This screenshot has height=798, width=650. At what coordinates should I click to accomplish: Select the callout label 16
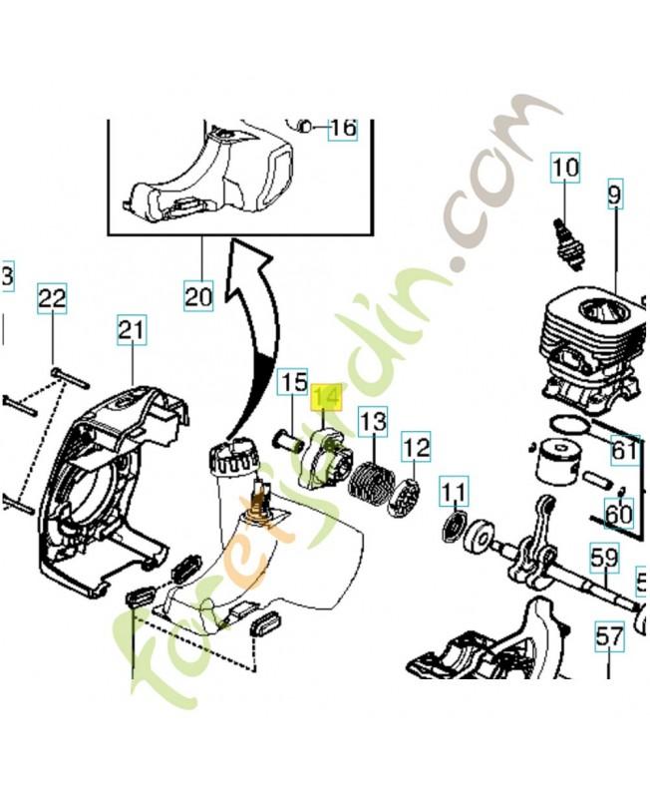(342, 128)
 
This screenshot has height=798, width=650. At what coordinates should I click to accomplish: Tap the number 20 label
(198, 296)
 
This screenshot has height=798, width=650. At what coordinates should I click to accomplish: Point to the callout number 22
(53, 297)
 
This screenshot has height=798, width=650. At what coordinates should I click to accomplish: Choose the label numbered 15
(292, 382)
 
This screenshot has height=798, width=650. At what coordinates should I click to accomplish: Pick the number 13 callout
(372, 422)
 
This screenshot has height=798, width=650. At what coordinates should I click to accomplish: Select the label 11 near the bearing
(454, 492)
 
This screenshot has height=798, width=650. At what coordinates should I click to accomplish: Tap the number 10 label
(565, 169)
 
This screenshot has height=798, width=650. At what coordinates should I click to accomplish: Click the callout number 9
(613, 197)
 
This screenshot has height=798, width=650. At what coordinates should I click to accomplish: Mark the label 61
(624, 451)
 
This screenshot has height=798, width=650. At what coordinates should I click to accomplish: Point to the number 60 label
(619, 515)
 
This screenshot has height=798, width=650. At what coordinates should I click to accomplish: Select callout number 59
(605, 558)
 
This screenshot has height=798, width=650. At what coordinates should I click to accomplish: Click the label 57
(609, 634)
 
